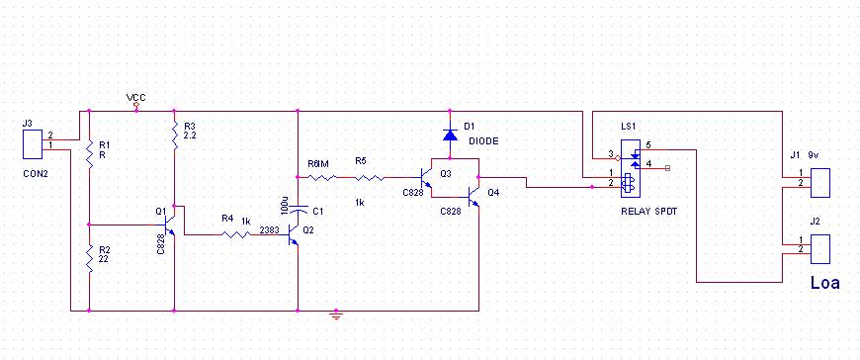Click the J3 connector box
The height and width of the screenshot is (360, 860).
tap(33, 143)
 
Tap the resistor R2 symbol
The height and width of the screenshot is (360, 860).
tap(89, 258)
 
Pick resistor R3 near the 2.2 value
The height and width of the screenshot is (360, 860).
tap(174, 135)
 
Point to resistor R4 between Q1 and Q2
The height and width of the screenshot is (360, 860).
tap(236, 234)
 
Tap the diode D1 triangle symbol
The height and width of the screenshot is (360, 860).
tap(450, 135)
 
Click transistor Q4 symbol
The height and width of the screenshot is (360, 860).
tap(473, 196)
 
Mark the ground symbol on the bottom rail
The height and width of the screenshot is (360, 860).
tap(336, 315)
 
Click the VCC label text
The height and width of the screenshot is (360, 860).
tap(136, 98)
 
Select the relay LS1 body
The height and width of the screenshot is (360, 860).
tap(630, 168)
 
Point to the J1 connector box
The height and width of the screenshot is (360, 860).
tap(820, 183)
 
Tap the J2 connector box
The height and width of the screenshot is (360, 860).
tap(820, 249)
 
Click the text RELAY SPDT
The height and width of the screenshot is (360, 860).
tap(648, 212)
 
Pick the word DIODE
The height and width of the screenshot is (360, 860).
tap(483, 141)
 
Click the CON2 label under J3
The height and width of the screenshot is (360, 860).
tap(36, 174)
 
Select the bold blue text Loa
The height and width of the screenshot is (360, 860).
tap(825, 283)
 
